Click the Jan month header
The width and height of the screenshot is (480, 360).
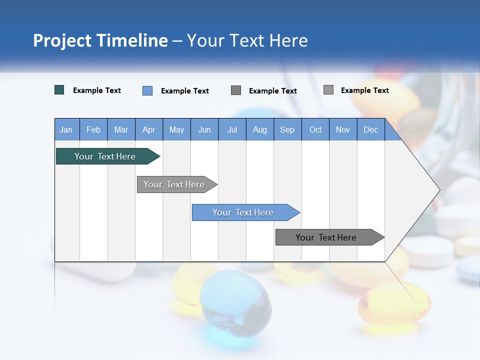pyautogui.click(x=66, y=129)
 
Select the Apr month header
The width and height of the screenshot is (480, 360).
pyautogui.click(x=148, y=129)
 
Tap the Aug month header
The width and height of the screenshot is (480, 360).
pyautogui.click(x=259, y=129)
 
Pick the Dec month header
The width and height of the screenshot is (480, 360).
pyautogui.click(x=370, y=129)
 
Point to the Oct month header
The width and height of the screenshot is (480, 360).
pyautogui.click(x=315, y=129)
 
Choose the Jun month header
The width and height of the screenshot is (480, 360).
pyautogui.click(x=204, y=129)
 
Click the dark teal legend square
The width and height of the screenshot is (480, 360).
pyautogui.click(x=59, y=90)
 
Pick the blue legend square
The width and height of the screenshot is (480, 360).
pyautogui.click(x=147, y=90)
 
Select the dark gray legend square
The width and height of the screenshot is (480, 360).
pyautogui.click(x=236, y=90)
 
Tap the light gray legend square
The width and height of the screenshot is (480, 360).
pyautogui.click(x=328, y=90)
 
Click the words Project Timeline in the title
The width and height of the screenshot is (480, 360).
pyautogui.click(x=100, y=40)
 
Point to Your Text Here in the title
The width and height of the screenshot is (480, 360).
pyautogui.click(x=247, y=40)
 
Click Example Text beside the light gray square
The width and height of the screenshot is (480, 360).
pyautogui.click(x=364, y=90)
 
